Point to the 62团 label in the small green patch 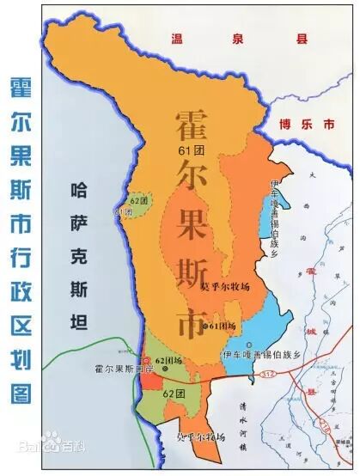(137, 201)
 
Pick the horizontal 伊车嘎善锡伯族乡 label (259, 354)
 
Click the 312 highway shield (269, 375)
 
